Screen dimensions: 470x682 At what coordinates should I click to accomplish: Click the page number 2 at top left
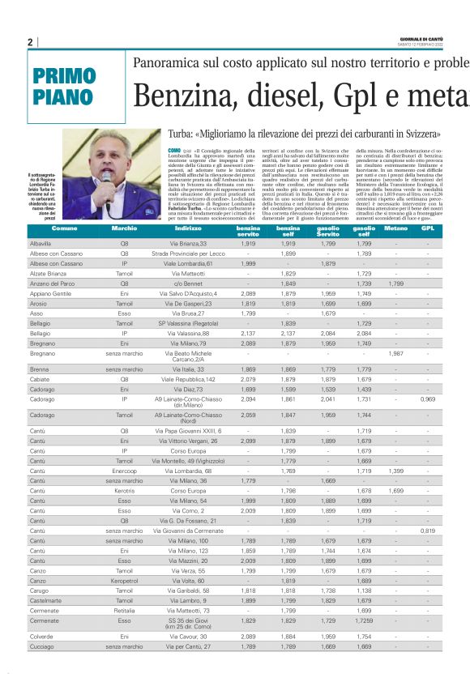(x=30, y=42)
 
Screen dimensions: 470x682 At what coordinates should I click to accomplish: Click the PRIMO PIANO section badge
(x=64, y=87)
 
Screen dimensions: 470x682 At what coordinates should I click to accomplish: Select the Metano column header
(x=395, y=229)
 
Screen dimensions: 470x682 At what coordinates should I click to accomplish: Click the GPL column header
(x=429, y=229)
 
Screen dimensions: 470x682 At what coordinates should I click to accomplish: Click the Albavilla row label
(x=40, y=243)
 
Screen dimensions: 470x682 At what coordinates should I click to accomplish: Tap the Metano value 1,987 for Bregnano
(x=395, y=354)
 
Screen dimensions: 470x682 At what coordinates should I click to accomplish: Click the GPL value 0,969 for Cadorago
(x=428, y=399)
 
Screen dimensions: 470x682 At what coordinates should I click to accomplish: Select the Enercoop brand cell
(x=125, y=470)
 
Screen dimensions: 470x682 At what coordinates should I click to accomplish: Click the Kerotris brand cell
(x=125, y=491)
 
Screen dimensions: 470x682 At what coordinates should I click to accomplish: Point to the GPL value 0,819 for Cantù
(x=428, y=531)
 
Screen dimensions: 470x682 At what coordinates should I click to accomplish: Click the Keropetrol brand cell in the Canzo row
(x=125, y=581)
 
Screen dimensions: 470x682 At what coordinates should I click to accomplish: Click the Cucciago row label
(x=42, y=647)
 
